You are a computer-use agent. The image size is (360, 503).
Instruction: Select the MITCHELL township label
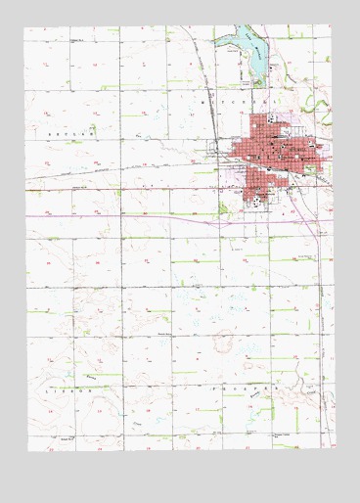pos(239,101)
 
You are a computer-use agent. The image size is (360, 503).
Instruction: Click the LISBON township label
pos(64,389)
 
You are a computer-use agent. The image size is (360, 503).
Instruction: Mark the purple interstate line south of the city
pos(147,215)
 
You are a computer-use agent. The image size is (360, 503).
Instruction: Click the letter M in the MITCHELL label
pos(203,101)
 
